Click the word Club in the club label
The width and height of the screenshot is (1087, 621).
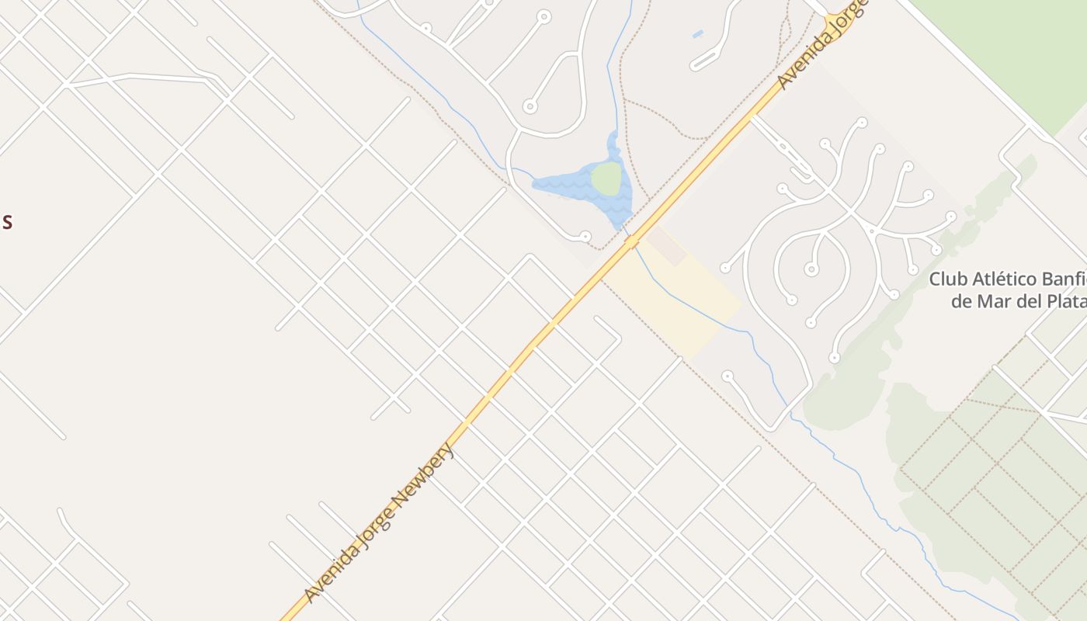coord(946,279)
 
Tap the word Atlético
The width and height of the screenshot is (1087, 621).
coord(1005,279)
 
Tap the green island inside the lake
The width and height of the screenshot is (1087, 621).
coord(606,179)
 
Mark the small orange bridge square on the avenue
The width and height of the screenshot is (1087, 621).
coord(631,242)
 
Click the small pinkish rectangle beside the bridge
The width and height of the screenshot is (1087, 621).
coord(666,245)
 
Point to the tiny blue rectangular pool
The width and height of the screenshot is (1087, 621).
coord(697,34)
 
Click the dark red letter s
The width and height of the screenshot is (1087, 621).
coord(6,222)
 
